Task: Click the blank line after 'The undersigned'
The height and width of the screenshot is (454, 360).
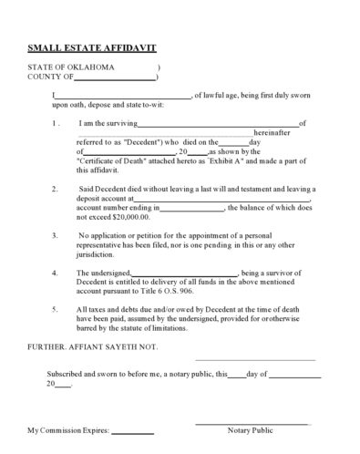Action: tap(185, 273)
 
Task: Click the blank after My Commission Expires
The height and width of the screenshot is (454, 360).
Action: tap(132, 429)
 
